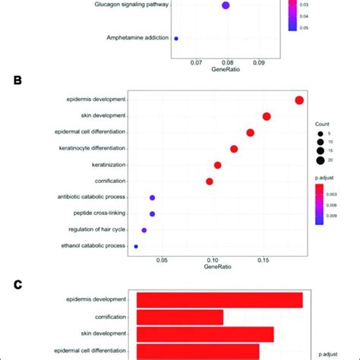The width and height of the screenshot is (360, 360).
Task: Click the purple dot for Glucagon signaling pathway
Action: pyautogui.click(x=226, y=6)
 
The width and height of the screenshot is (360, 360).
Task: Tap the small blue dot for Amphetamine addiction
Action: pyautogui.click(x=176, y=38)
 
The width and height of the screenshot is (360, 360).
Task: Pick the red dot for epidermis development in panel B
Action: pyautogui.click(x=299, y=100)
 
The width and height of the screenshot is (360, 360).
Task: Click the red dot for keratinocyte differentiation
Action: pyautogui.click(x=234, y=149)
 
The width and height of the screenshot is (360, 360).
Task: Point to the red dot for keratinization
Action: pyautogui.click(x=218, y=165)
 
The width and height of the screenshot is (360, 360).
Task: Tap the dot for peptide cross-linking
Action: pyautogui.click(x=152, y=214)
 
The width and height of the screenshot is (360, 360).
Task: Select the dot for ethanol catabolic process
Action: pyautogui.click(x=136, y=246)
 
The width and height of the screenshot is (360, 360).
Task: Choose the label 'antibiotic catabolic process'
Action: pyautogui.click(x=91, y=197)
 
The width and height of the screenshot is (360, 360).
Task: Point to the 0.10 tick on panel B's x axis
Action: pyautogui.click(x=213, y=260)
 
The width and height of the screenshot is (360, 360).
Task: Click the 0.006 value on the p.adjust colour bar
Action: pyautogui.click(x=341, y=204)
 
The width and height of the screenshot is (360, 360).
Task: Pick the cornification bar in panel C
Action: pyautogui.click(x=180, y=317)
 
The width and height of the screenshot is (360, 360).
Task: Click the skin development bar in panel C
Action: pyautogui.click(x=205, y=334)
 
